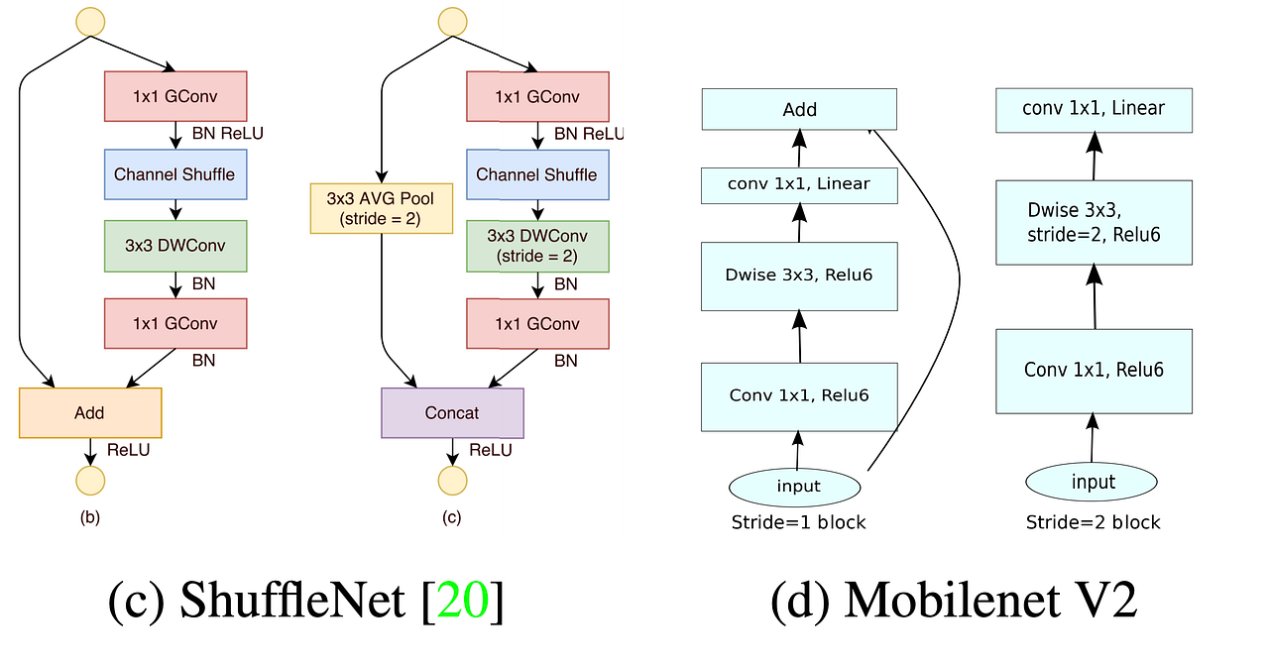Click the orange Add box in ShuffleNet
[x=90, y=412]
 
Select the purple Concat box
[x=452, y=412]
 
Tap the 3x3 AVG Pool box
[x=381, y=207]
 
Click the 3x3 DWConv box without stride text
[x=174, y=246]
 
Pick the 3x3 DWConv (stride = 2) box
[x=537, y=246]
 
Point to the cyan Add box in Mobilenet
[x=799, y=109]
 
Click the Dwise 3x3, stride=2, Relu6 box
[x=1094, y=222]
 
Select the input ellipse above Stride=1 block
[x=798, y=486]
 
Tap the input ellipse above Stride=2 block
[x=1093, y=483]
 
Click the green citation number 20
[x=462, y=602]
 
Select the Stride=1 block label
[x=798, y=521]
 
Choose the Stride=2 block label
[x=1093, y=521]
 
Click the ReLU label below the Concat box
[x=491, y=450]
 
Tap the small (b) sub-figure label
[x=90, y=517]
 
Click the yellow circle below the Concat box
[x=452, y=481]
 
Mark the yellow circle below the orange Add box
[x=90, y=481]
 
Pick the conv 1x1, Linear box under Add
[x=799, y=183]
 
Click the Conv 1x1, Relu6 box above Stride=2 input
[x=1094, y=371]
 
